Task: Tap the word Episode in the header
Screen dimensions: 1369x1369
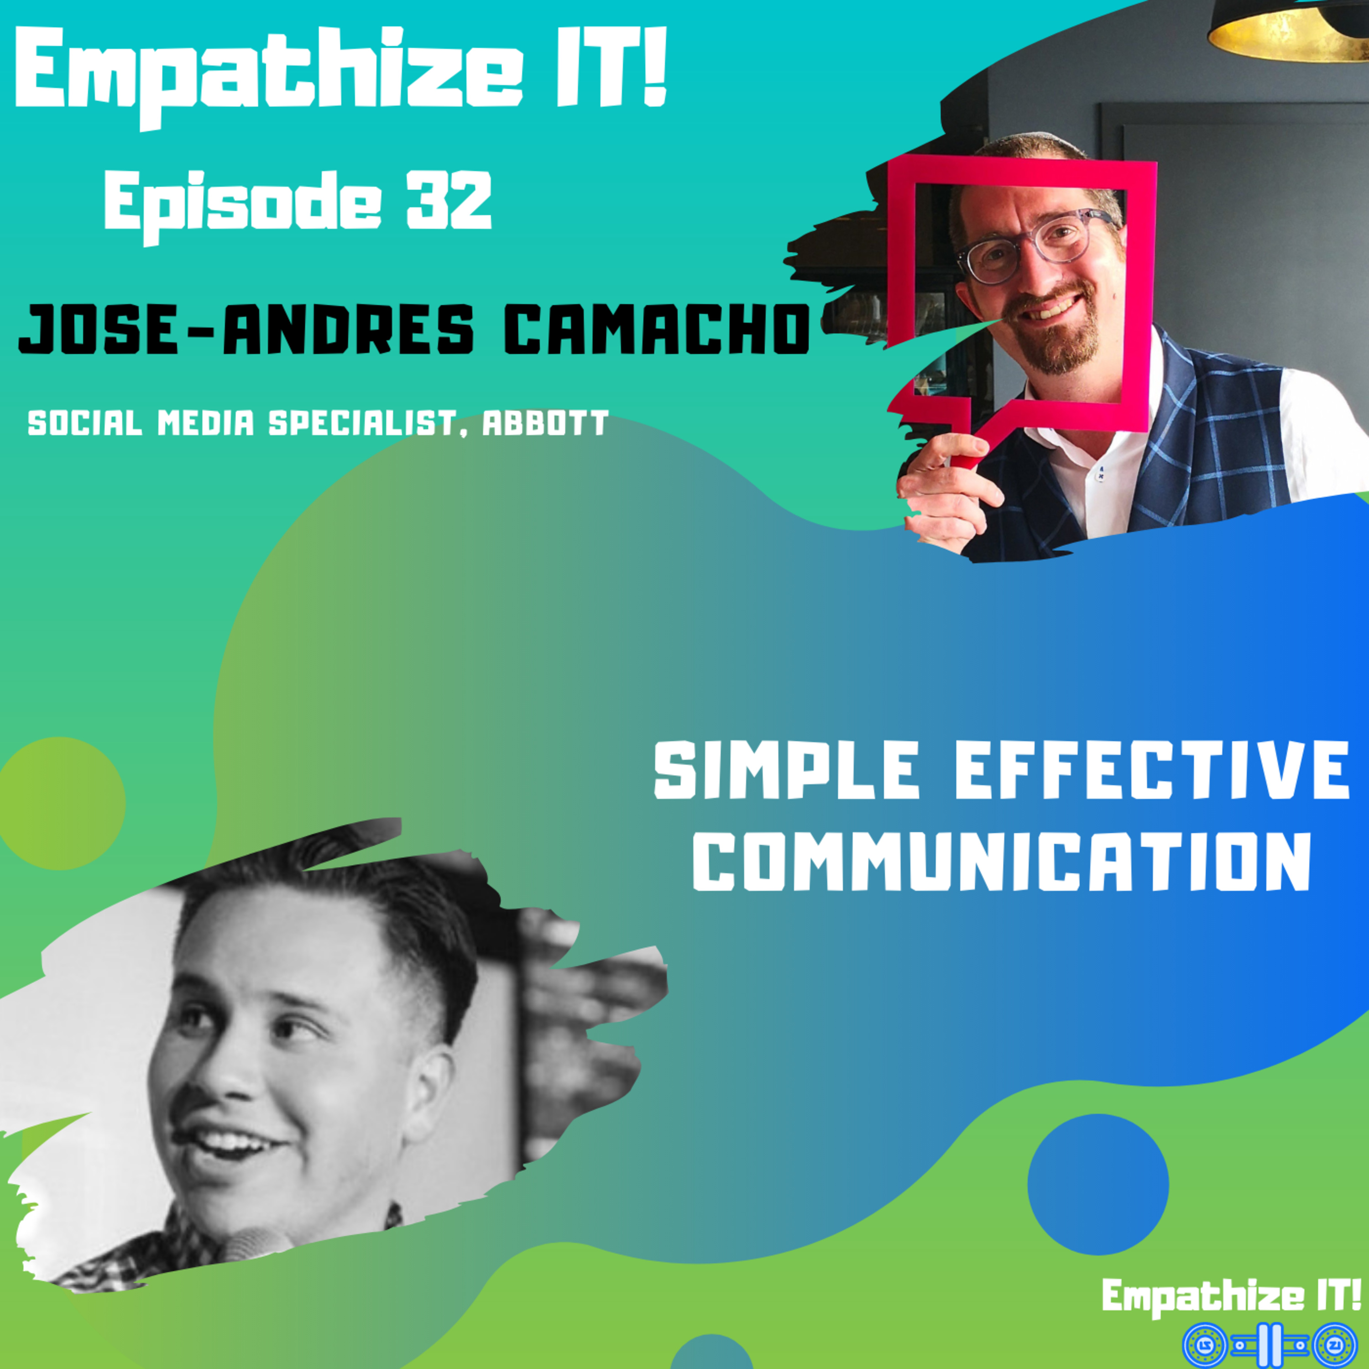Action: pos(245,205)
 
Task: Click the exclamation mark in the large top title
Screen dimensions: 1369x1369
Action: pos(656,66)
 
